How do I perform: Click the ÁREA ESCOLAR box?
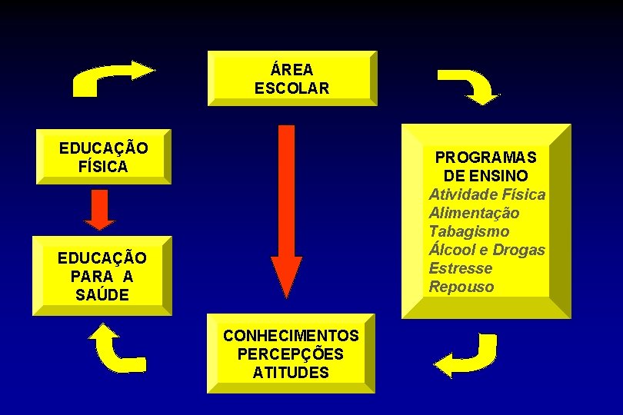tap(292, 78)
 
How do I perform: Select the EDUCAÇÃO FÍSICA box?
tap(103, 157)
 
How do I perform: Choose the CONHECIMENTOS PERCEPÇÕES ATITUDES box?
tap(291, 354)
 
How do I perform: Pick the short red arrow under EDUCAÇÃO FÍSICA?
tap(99, 209)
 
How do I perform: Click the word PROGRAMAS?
tap(486, 158)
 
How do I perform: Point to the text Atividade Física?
tap(487, 194)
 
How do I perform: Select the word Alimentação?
tap(474, 213)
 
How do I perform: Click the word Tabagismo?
tap(469, 231)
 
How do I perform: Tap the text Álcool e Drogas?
tap(487, 250)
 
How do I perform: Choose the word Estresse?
tap(461, 268)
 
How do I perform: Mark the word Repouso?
tap(461, 287)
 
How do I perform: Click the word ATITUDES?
tap(291, 373)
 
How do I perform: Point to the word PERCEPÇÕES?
tap(291, 354)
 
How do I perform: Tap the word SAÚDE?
tap(102, 294)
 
